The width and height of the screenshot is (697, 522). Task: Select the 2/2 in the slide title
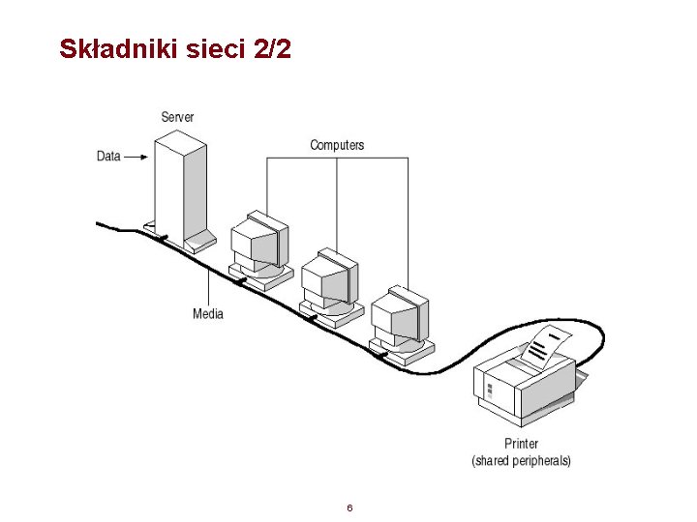pyautogui.click(x=271, y=49)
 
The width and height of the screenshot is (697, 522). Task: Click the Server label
pyautogui.click(x=177, y=117)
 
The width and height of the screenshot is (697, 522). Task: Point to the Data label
pyautogui.click(x=108, y=156)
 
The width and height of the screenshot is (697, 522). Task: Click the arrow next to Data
pyautogui.click(x=136, y=156)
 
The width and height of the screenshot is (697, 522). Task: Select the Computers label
pyautogui.click(x=337, y=145)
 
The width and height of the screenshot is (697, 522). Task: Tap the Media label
pyautogui.click(x=208, y=313)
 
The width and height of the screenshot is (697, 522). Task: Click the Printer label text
pyautogui.click(x=521, y=444)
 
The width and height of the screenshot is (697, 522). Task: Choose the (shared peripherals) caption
pyautogui.click(x=521, y=461)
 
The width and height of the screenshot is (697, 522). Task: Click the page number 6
pyautogui.click(x=348, y=508)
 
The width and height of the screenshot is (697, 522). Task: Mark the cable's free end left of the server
pyautogui.click(x=100, y=224)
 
